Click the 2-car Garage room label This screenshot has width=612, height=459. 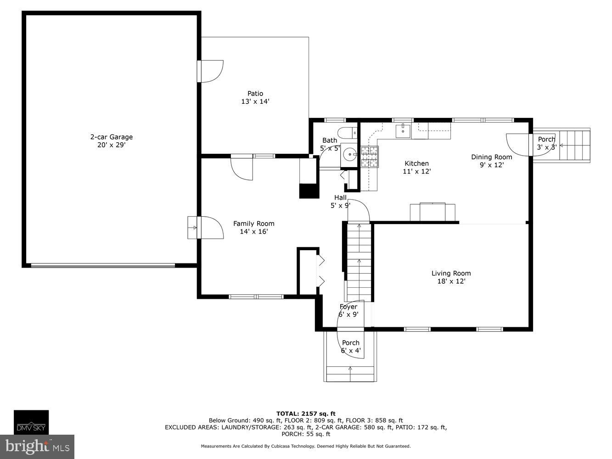pos(111,140)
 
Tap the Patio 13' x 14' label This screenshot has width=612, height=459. pos(255,97)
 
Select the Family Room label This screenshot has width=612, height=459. pos(253,227)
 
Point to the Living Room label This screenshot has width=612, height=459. pos(451,277)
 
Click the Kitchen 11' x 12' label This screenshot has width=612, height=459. pos(416,167)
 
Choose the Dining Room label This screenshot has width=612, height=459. pos(491,161)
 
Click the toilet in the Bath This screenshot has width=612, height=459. pos(349,132)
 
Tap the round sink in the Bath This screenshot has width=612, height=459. pos(350,154)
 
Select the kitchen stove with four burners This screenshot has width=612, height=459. pos(369,156)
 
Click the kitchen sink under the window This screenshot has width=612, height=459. pos(404,130)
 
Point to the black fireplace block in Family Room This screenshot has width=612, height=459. pos(309,190)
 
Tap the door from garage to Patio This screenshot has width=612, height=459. pos(211,71)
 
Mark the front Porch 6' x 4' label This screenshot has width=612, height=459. pos(351,347)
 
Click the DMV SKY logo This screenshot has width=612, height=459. pos(31,422)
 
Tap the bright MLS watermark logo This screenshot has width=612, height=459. pos(37,446)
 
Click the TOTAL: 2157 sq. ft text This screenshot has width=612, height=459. pos(306,414)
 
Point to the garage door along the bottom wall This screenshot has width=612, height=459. pos(103,265)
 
